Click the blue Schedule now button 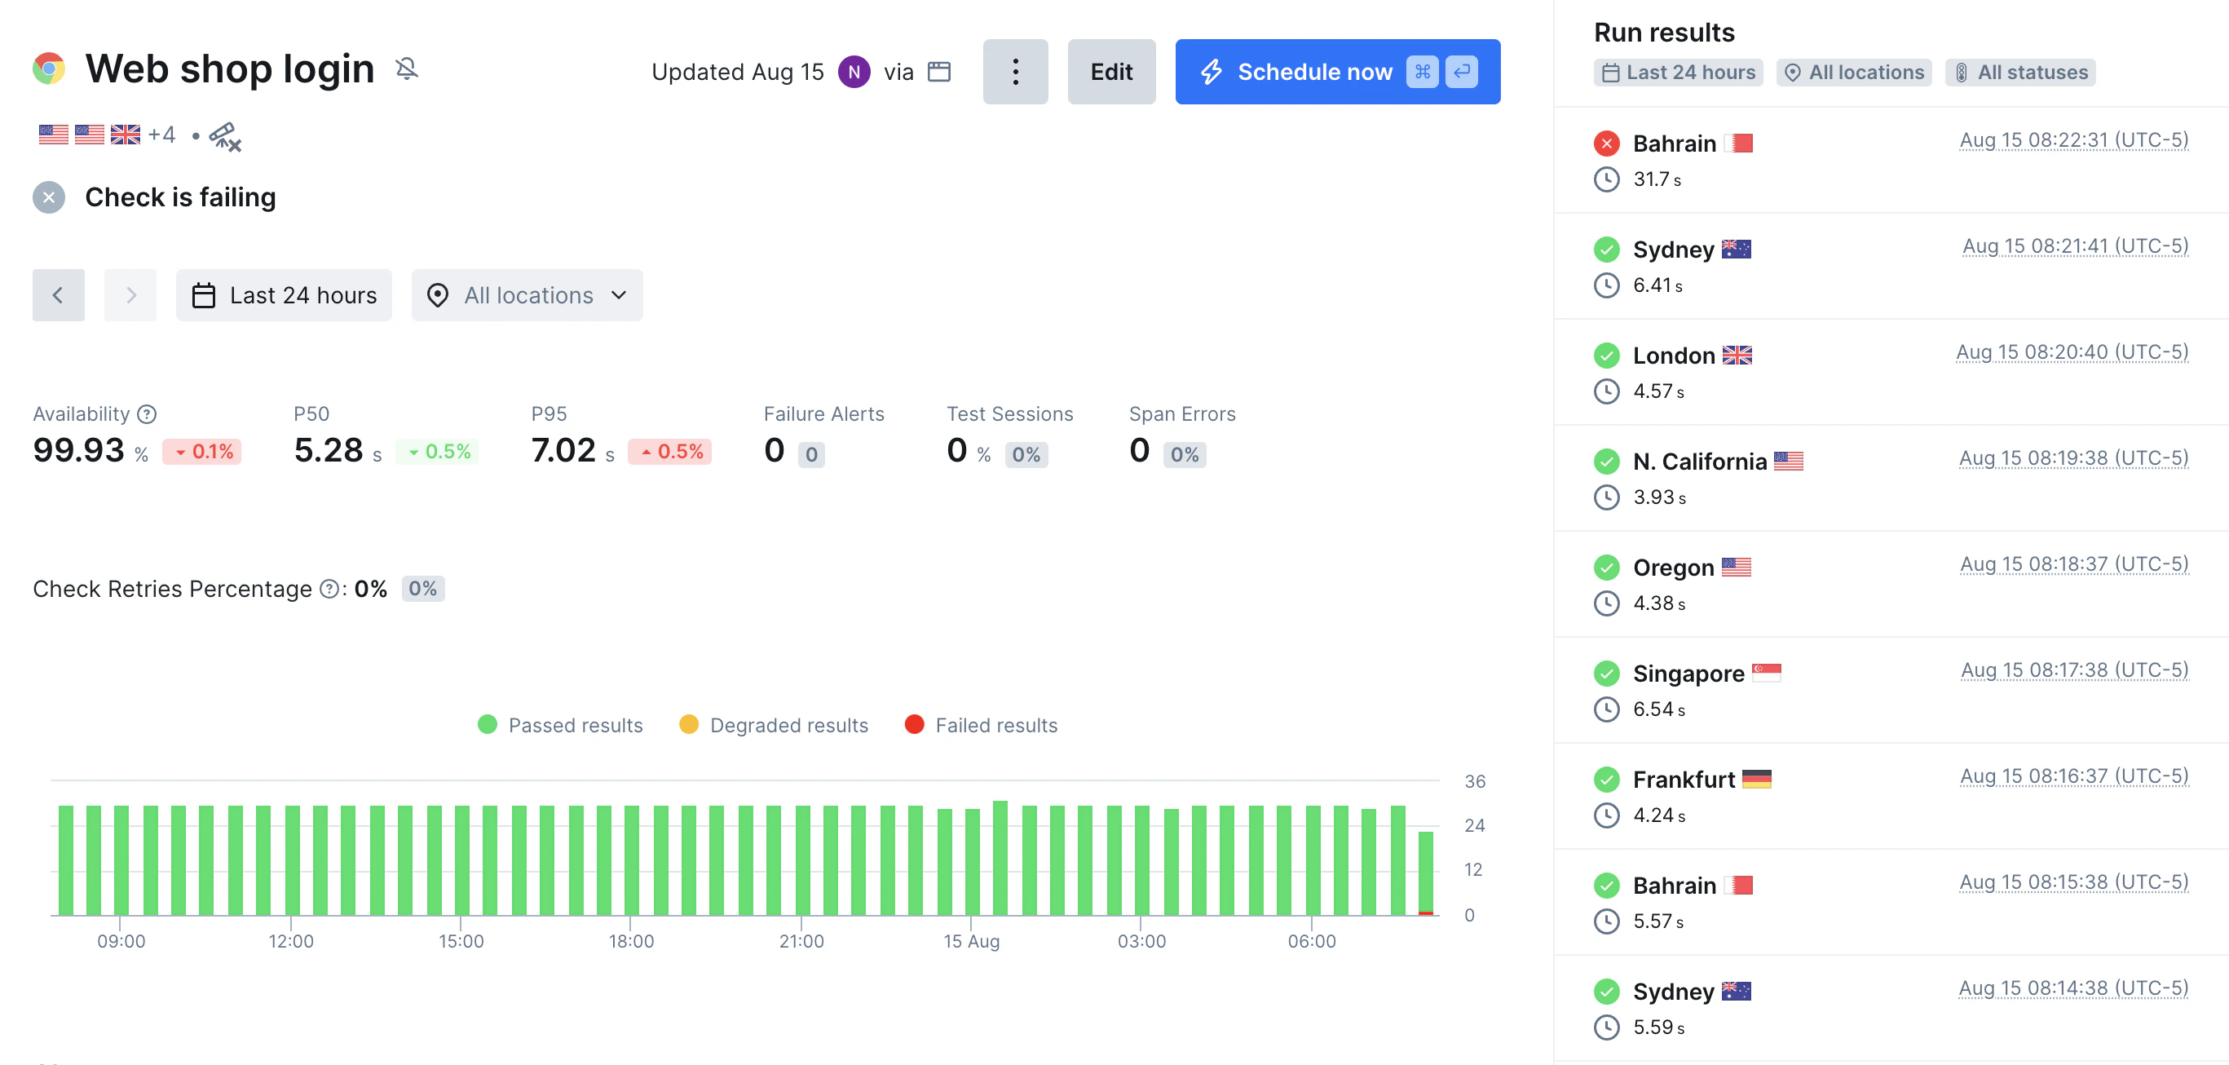1337,72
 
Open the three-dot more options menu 1015,72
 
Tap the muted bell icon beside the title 407,68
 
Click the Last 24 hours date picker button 284,295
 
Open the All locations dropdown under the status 527,295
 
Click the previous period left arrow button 58,295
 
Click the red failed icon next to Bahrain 1606,144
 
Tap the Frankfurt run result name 1683,780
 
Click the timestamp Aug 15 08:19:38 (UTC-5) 2073,457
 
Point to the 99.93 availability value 79,451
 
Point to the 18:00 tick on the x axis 631,940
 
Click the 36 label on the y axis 1475,781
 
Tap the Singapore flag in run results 1766,672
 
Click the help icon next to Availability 147,414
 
